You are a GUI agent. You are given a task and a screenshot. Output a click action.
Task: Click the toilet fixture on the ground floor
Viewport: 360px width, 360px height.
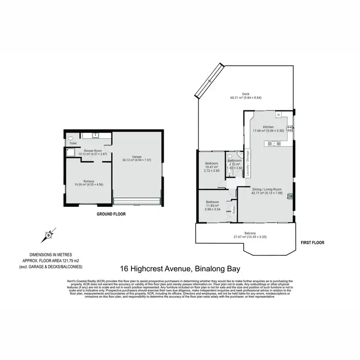click(x=71, y=138)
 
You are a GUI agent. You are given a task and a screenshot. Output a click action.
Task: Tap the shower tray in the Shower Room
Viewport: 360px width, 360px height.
click(x=70, y=153)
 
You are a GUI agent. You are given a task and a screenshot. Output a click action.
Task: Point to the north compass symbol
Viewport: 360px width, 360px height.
click(x=48, y=235)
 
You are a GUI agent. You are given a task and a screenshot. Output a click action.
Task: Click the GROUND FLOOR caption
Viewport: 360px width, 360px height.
click(x=111, y=214)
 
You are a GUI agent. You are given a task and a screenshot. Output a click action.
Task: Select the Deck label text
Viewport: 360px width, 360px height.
click(x=246, y=94)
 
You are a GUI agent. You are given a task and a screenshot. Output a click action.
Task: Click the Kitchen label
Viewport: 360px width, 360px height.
click(x=268, y=126)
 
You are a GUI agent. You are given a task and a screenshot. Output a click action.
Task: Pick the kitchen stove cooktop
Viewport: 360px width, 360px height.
click(x=290, y=127)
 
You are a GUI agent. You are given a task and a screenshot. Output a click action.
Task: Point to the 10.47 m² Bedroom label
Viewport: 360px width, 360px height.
click(x=212, y=167)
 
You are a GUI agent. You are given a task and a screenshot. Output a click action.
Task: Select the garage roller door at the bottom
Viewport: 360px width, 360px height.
click(x=137, y=200)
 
